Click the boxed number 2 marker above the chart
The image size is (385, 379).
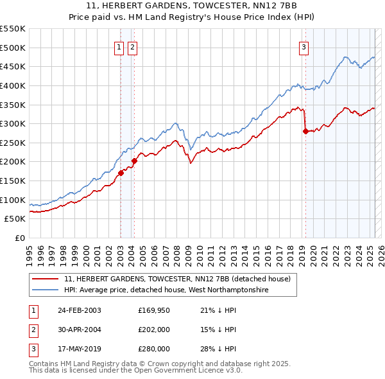click(x=132, y=46)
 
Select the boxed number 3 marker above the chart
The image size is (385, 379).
click(x=304, y=46)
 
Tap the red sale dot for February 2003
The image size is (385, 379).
click(x=121, y=173)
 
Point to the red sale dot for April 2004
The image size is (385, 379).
click(x=134, y=161)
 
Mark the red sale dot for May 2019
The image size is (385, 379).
click(x=305, y=131)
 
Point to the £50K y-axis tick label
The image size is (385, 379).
click(x=15, y=218)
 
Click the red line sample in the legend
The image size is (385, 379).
click(x=46, y=279)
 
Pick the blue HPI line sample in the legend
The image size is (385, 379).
click(x=46, y=290)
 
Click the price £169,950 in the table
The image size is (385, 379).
click(x=154, y=310)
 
